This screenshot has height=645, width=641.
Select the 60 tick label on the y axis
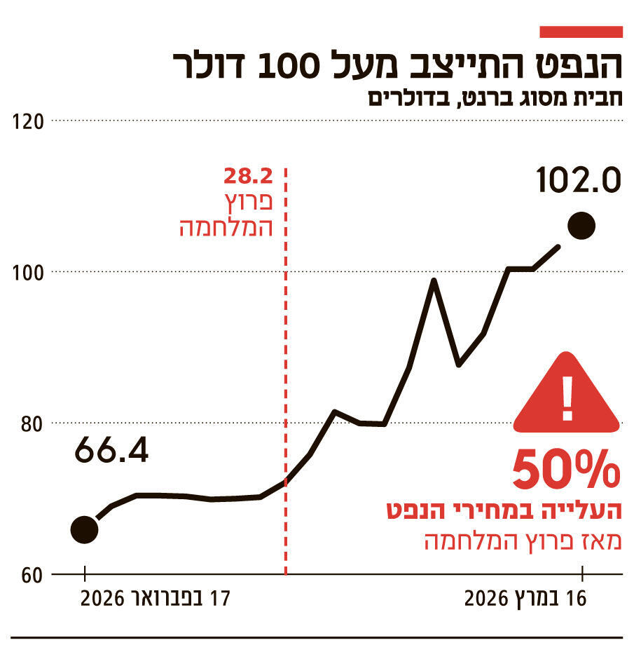pyautogui.click(x=32, y=574)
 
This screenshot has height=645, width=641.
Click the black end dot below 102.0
pyautogui.click(x=581, y=226)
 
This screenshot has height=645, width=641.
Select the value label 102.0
pyautogui.click(x=579, y=181)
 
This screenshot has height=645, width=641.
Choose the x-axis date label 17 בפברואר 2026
pyautogui.click(x=156, y=599)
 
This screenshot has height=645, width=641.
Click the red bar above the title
pyautogui.click(x=581, y=32)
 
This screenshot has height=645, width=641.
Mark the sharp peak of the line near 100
pyautogui.click(x=434, y=280)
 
